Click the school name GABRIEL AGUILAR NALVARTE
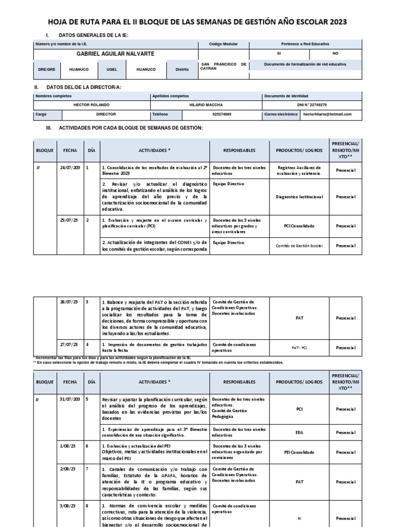(x=115, y=54)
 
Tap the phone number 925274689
(x=222, y=114)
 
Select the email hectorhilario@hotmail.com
(x=328, y=114)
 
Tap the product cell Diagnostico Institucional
(x=299, y=197)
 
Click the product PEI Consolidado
(x=299, y=452)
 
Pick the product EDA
(x=299, y=432)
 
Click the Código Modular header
(x=223, y=44)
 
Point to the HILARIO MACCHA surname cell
(x=206, y=105)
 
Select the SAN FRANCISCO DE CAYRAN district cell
(x=223, y=66)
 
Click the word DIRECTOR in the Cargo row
(x=106, y=114)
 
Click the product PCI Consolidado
(x=299, y=226)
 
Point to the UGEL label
(x=112, y=68)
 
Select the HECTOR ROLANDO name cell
(x=92, y=105)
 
